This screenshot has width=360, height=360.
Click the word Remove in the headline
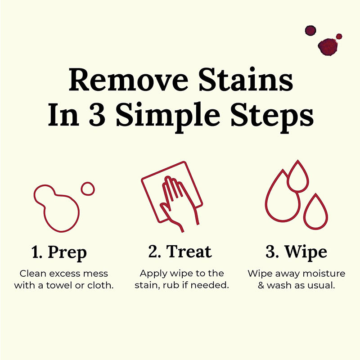pyautogui.click(x=129, y=80)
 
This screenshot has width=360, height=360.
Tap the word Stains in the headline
pyautogui.click(x=246, y=79)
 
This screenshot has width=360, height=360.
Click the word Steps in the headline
pyautogui.click(x=272, y=117)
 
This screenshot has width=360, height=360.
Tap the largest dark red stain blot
pyautogui.click(x=328, y=47)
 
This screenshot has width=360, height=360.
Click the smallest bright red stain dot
pyautogui.click(x=339, y=36)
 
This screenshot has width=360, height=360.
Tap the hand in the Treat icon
pyautogui.click(x=177, y=202)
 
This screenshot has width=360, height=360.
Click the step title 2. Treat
pyautogui.click(x=180, y=252)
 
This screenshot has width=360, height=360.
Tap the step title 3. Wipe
pyautogui.click(x=296, y=252)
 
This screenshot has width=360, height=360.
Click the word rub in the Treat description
pyautogui.click(x=171, y=285)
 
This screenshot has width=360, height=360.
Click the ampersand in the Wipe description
pyautogui.click(x=261, y=285)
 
